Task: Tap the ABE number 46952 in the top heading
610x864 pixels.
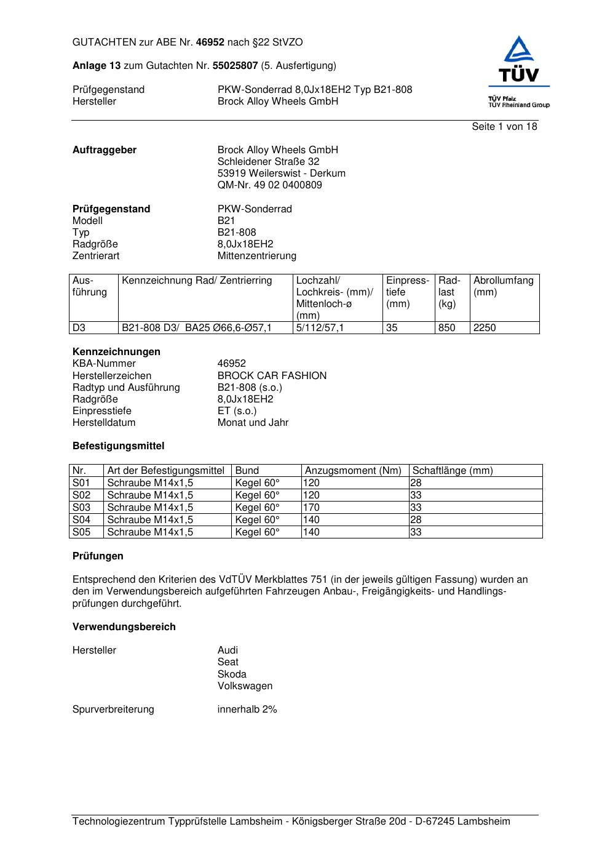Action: (210, 42)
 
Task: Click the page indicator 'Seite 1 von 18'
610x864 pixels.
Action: (504, 127)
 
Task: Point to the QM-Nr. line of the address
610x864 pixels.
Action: (269, 185)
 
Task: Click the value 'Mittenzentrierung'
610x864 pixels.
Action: (256, 256)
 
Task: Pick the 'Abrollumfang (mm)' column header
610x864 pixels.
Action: (503, 286)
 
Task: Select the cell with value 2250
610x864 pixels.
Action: (485, 328)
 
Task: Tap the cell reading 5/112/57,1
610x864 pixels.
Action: (320, 328)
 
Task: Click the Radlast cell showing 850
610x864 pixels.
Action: (446, 328)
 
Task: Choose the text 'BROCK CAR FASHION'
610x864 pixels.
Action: (272, 376)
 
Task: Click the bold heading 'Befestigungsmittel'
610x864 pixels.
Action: (118, 446)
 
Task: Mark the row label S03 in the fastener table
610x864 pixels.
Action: (81, 508)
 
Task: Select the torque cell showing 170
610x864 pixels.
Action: (311, 508)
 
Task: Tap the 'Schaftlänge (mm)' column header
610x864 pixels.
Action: (452, 471)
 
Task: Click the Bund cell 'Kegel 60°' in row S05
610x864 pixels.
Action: (257, 532)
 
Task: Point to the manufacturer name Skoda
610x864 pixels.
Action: (231, 674)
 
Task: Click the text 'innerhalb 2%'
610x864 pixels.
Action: (247, 710)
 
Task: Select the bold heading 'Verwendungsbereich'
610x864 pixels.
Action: (124, 627)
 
